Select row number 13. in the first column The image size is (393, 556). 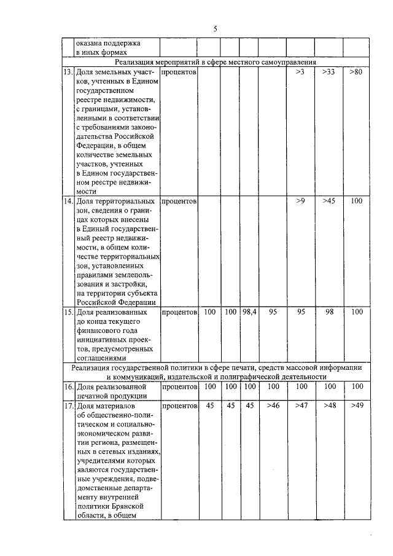coord(68,72)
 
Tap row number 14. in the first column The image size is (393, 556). coord(68,201)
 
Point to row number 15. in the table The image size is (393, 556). coord(68,312)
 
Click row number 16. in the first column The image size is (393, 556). coord(68,386)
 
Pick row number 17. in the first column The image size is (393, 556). coord(68,405)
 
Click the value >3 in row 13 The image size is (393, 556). coord(300,72)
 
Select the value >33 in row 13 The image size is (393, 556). coord(329,72)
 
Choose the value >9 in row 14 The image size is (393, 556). coord(300,201)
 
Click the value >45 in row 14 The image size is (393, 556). coord(329,201)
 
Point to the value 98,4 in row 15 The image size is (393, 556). coord(249,312)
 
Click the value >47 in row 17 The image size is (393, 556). coord(300,405)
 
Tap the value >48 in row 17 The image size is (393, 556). coord(329,405)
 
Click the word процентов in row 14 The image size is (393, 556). coord(179,201)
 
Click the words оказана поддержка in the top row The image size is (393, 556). coord(108,44)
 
